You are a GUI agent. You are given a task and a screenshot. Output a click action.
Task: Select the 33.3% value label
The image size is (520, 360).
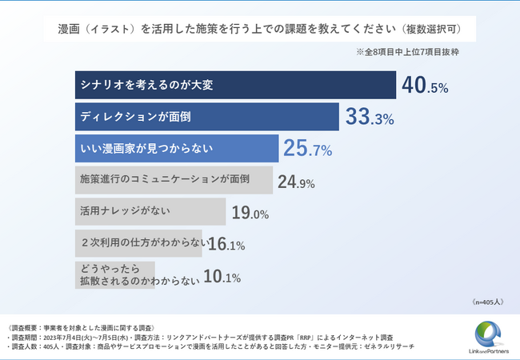(370, 118)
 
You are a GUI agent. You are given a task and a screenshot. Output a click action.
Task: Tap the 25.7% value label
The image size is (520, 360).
(308, 149)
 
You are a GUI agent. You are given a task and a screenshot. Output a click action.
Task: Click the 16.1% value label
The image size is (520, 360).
(226, 246)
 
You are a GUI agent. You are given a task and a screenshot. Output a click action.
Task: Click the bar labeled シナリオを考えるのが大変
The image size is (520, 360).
(236, 85)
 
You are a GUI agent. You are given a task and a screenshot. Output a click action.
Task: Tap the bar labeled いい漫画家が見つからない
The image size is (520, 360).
(176, 149)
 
